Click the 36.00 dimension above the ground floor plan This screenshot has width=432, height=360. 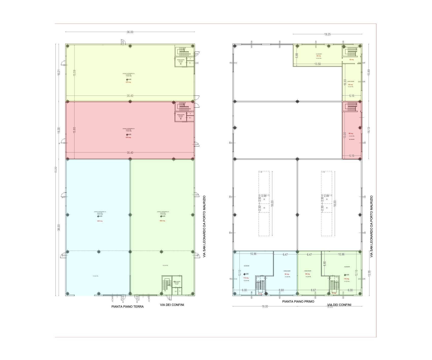pos(130,32)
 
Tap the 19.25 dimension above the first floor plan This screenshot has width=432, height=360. pos(327,34)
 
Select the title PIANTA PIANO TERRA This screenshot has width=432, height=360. pos(127,307)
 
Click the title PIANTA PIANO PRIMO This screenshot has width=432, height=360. pos(298,302)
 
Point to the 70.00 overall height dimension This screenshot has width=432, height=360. pos(56,170)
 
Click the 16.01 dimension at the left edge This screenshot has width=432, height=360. pos(59,73)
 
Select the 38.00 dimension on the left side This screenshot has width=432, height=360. pos(59,227)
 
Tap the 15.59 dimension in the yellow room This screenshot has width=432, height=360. pos(74,73)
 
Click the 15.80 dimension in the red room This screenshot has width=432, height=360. pos(74,130)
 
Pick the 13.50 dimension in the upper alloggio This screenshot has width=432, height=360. pos(317,64)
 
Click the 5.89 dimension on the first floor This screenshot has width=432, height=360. pos(297,55)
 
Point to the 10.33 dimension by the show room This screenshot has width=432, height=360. pos(345,82)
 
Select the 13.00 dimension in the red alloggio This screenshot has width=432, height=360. pos(345,135)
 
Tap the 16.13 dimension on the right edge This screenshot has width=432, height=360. pos(369,130)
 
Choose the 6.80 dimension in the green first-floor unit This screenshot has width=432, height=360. pos(325,263)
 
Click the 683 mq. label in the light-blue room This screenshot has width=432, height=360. pos(100,221)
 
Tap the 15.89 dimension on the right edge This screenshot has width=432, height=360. pos(369,72)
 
